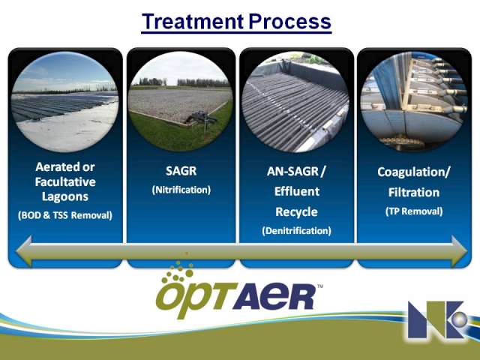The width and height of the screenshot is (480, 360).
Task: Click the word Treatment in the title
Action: (193, 22)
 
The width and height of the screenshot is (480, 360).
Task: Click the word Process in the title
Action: (290, 22)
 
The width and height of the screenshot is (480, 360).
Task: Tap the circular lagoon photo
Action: (65, 102)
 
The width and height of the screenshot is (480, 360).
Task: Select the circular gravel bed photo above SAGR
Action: (181, 101)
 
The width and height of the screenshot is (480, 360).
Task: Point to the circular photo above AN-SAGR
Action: (295, 102)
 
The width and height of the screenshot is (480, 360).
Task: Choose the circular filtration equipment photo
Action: (414, 101)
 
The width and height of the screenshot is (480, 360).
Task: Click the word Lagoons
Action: (65, 196)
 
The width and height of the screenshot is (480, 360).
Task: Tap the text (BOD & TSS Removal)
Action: (65, 215)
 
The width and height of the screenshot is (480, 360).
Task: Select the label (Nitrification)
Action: (181, 190)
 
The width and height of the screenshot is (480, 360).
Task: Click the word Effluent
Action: (297, 191)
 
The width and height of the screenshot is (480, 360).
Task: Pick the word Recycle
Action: (296, 211)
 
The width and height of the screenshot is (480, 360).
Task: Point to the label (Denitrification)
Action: (296, 230)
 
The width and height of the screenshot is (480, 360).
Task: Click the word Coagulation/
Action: (414, 172)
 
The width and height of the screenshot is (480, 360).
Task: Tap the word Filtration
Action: (414, 192)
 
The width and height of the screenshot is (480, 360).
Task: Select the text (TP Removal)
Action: (414, 211)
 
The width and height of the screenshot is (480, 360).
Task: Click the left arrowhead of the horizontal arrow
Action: (24, 251)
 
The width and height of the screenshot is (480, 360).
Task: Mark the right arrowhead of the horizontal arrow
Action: (459, 251)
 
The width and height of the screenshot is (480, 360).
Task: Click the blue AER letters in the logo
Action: (273, 296)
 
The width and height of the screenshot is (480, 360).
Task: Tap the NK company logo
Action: (438, 319)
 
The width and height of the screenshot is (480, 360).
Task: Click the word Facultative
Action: (65, 181)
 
